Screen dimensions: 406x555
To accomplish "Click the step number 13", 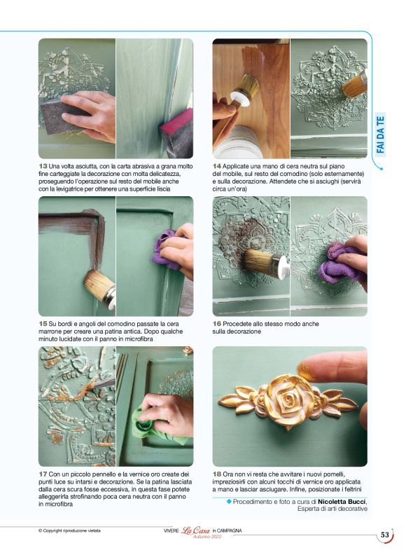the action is [43, 166].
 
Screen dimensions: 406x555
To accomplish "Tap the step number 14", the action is [217, 166].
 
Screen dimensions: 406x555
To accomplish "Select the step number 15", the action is [43, 324].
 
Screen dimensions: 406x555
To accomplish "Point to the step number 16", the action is [217, 324].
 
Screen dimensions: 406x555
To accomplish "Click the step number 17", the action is [43, 474].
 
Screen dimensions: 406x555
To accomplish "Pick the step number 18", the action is [217, 474].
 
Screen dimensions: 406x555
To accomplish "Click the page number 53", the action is [385, 535].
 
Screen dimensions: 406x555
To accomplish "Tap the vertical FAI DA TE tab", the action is [380, 135].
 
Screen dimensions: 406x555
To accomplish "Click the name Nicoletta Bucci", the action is [342, 502].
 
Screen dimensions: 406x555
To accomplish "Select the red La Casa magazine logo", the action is [196, 530].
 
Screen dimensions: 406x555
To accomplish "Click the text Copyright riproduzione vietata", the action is [69, 530].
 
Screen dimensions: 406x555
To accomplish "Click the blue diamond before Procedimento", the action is [228, 501].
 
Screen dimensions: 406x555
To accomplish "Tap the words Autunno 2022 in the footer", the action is [207, 537].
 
